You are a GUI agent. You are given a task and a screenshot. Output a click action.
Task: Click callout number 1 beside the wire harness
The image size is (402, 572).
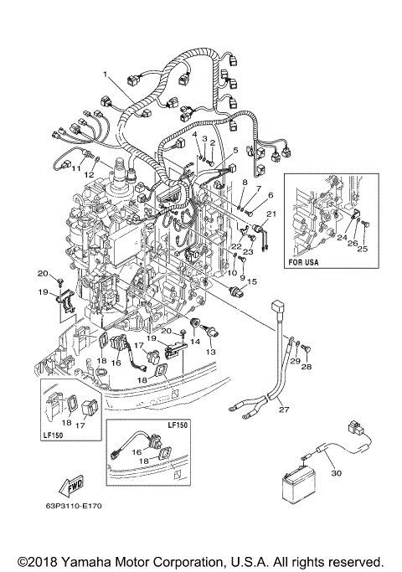click(106, 74)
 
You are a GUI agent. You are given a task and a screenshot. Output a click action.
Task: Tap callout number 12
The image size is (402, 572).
click(101, 174)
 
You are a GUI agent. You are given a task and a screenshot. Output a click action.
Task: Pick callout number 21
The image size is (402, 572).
click(271, 214)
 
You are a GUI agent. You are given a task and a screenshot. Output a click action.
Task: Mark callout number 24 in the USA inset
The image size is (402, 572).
click(342, 237)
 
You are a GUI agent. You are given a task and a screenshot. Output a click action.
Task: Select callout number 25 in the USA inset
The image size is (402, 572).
click(362, 249)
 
